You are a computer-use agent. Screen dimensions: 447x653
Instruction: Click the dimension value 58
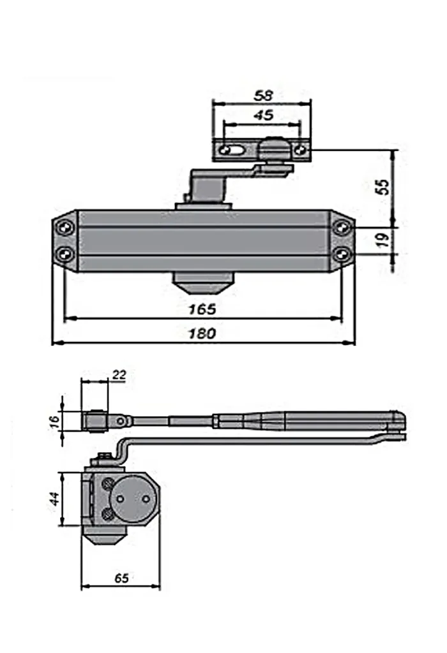pyautogui.click(x=263, y=96)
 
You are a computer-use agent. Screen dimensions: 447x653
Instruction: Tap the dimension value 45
pyautogui.click(x=263, y=115)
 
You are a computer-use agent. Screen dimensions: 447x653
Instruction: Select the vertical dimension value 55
pyautogui.click(x=382, y=187)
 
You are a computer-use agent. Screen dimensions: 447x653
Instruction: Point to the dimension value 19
pyautogui.click(x=383, y=240)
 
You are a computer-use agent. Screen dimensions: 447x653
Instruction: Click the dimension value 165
pyautogui.click(x=202, y=309)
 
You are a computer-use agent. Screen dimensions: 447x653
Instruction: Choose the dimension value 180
pyautogui.click(x=202, y=333)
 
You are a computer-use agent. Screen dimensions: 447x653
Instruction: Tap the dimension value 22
pyautogui.click(x=119, y=375)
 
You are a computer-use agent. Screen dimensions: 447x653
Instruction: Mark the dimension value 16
pyautogui.click(x=55, y=421)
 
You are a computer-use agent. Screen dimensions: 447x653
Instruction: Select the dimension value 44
pyautogui.click(x=55, y=499)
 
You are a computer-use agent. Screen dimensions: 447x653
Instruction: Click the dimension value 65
pyautogui.click(x=121, y=578)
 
